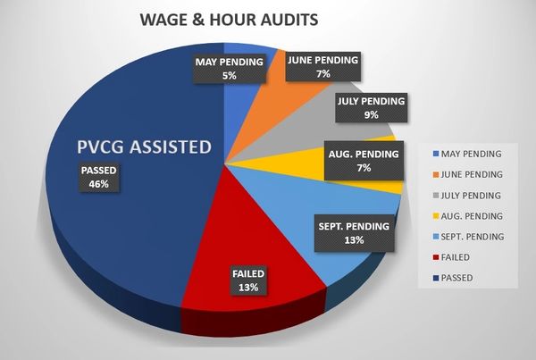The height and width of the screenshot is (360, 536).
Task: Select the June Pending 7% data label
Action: pos(322,66)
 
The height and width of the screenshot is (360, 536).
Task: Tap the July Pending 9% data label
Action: pos(372,107)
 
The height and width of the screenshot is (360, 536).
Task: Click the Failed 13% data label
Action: pos(249,280)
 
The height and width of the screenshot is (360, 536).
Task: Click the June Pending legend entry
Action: pos(470,173)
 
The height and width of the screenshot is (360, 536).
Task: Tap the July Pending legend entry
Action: pos(470,194)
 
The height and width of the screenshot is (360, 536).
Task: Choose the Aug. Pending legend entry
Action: pos(470,215)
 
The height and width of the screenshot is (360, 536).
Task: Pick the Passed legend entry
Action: pos(457,278)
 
